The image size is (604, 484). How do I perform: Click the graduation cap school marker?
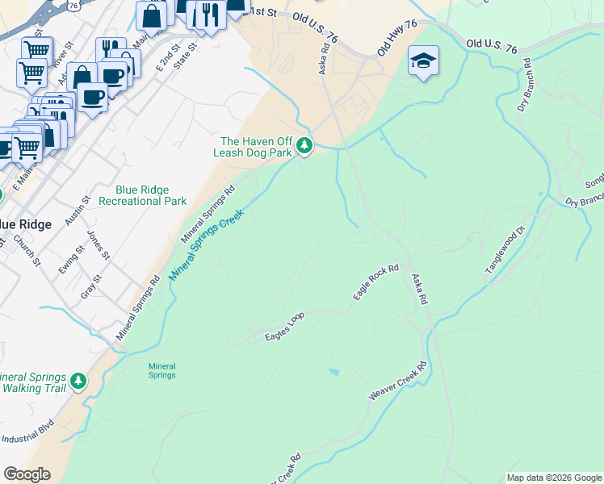(x=423, y=61)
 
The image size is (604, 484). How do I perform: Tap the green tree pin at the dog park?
(x=304, y=146)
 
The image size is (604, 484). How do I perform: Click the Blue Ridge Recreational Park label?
(x=151, y=195)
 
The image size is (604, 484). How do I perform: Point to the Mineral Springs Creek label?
(x=207, y=242)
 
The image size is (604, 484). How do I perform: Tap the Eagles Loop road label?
(x=285, y=327)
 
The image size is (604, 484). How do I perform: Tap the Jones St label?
(x=98, y=245)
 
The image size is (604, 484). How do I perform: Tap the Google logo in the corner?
(x=27, y=474)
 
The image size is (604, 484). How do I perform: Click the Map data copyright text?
(x=554, y=478)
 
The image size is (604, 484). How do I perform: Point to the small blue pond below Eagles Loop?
(x=334, y=372)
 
